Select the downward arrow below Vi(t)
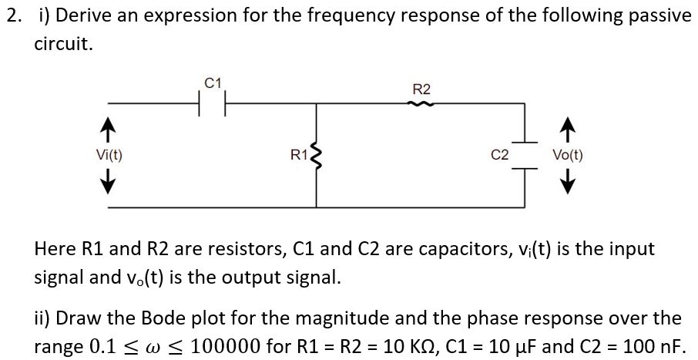tap(109, 183)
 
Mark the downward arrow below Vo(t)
tap(568, 183)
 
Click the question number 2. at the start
tap(12, 16)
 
